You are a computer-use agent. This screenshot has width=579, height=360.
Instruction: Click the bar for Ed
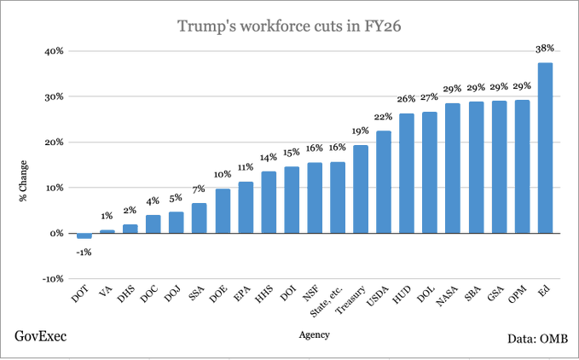click(x=545, y=148)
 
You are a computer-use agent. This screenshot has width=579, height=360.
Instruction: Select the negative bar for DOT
click(x=84, y=236)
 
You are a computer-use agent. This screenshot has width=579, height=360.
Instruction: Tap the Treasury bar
click(x=361, y=189)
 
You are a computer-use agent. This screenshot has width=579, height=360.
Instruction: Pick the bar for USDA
click(x=384, y=182)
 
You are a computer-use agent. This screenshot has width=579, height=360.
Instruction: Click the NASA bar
click(x=453, y=168)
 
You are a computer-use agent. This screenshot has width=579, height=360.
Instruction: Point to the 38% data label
click(x=545, y=49)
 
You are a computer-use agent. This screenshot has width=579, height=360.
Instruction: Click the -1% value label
click(x=84, y=253)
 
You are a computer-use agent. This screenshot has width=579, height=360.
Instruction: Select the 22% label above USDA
click(x=383, y=117)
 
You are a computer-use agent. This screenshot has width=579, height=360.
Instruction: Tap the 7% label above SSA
click(x=199, y=189)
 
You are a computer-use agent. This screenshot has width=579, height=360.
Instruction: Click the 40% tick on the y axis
click(x=54, y=51)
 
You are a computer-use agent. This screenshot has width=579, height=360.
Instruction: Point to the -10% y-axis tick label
click(x=52, y=279)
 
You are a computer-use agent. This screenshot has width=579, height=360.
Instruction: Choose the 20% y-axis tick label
click(x=54, y=142)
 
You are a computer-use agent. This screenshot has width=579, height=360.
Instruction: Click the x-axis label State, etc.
click(x=327, y=301)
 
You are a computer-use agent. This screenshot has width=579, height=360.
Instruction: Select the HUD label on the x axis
click(x=402, y=294)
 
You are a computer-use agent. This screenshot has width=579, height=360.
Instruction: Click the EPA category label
click(x=242, y=294)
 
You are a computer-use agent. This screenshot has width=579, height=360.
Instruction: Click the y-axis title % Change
click(x=23, y=181)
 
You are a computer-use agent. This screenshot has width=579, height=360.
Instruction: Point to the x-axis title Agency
click(x=315, y=335)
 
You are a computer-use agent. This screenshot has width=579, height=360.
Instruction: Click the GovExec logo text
click(x=41, y=336)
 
